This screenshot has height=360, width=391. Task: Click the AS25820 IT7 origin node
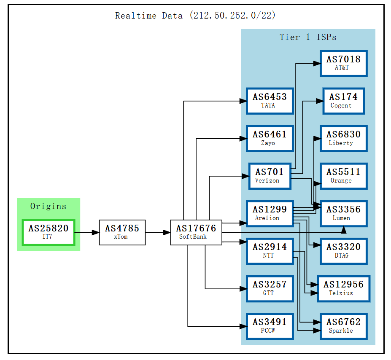tap(48, 232)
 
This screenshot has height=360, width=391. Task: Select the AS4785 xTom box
tap(122, 232)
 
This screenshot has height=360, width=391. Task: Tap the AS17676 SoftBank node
tap(196, 232)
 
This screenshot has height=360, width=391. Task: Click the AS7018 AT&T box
tap(343, 63)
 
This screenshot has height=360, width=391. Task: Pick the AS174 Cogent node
tap(343, 101)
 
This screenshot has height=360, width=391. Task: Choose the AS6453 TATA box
tap(270, 101)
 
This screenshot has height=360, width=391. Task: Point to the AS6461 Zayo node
tap(270, 138)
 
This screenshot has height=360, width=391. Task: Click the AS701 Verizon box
tap(270, 176)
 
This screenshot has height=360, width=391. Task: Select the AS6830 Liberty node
tap(343, 138)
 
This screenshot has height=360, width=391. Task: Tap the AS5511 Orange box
tap(343, 176)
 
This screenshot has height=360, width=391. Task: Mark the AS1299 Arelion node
tap(270, 213)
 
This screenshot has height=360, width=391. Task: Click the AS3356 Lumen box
tap(343, 213)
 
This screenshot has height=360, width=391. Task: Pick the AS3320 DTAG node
tap(343, 251)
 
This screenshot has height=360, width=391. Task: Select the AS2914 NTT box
tap(270, 251)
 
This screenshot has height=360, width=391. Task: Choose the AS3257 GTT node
tap(270, 288)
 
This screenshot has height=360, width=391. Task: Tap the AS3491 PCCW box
tap(270, 326)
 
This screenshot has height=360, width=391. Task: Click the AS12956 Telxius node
tap(343, 288)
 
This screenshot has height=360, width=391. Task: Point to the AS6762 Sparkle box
tap(343, 326)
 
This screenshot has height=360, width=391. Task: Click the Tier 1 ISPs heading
tap(308, 37)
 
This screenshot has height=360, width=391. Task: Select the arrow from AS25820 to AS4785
tap(86, 232)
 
